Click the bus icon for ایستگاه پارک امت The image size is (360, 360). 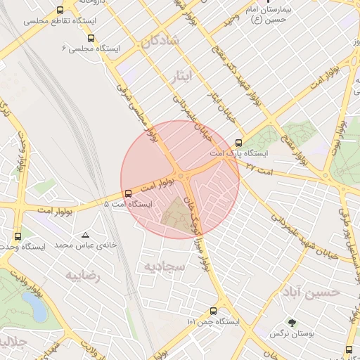[239, 142]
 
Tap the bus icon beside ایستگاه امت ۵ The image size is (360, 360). [127, 193]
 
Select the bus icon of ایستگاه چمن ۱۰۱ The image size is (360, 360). [213, 311]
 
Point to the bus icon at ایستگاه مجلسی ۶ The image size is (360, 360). [91, 38]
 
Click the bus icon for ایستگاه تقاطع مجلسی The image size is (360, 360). [60, 11]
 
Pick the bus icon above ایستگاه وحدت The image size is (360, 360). [18, 236]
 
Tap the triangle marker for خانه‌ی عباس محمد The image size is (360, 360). [86, 235]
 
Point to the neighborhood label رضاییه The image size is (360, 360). [84, 276]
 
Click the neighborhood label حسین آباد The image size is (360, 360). [310, 290]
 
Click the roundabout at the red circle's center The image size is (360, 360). [181, 176]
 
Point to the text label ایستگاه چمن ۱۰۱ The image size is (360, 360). [213, 321]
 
